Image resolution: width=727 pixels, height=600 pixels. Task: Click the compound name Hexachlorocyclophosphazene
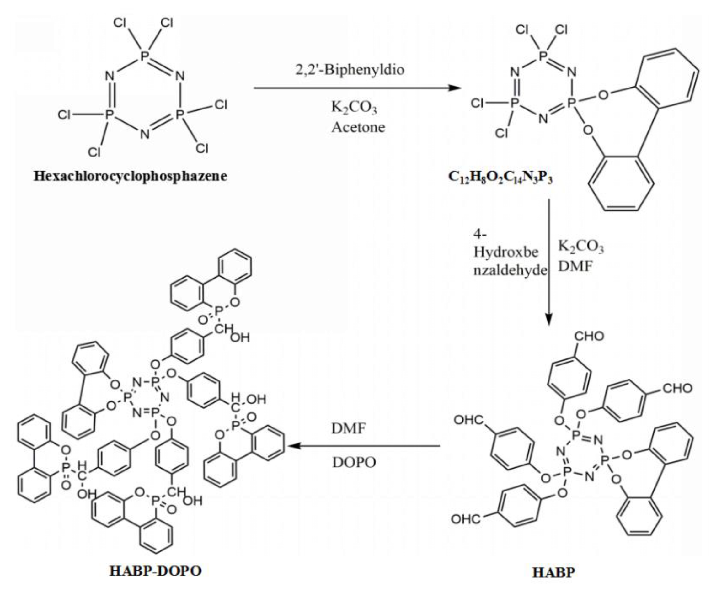pos(130,176)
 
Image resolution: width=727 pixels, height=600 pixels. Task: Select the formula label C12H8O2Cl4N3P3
pos(500,177)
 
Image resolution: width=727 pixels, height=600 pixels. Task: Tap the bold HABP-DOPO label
pos(156,571)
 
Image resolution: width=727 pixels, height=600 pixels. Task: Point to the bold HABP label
pos(553,572)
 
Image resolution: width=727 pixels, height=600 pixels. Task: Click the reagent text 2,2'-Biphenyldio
pos(350,69)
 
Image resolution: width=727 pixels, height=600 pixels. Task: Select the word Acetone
pos(358,127)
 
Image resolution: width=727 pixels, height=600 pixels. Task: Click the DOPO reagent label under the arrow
pos(354,462)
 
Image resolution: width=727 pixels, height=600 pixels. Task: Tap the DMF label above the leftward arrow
pos(349,428)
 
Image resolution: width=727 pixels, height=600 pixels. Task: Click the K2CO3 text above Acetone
pos(354,107)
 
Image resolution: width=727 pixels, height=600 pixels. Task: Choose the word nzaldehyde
pos(510,270)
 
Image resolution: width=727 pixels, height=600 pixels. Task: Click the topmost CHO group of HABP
pos(589,336)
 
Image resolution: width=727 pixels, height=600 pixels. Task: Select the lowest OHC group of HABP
pos(466,519)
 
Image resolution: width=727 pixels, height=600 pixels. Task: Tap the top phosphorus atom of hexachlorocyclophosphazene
pos(145,55)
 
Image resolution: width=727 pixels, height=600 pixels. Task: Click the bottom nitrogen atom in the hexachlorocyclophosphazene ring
pos(145,134)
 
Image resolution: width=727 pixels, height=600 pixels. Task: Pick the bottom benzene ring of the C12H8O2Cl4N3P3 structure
pos(621,183)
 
